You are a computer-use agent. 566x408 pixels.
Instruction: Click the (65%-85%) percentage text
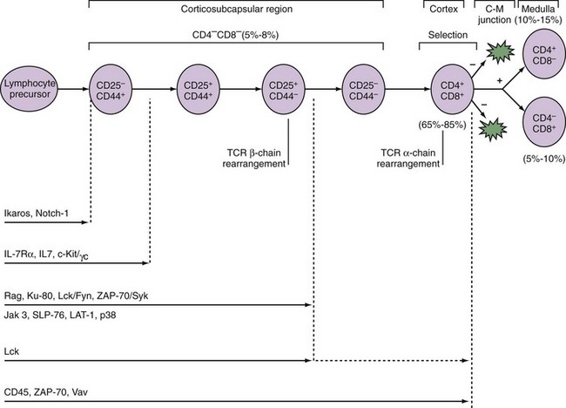tap(448, 126)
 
